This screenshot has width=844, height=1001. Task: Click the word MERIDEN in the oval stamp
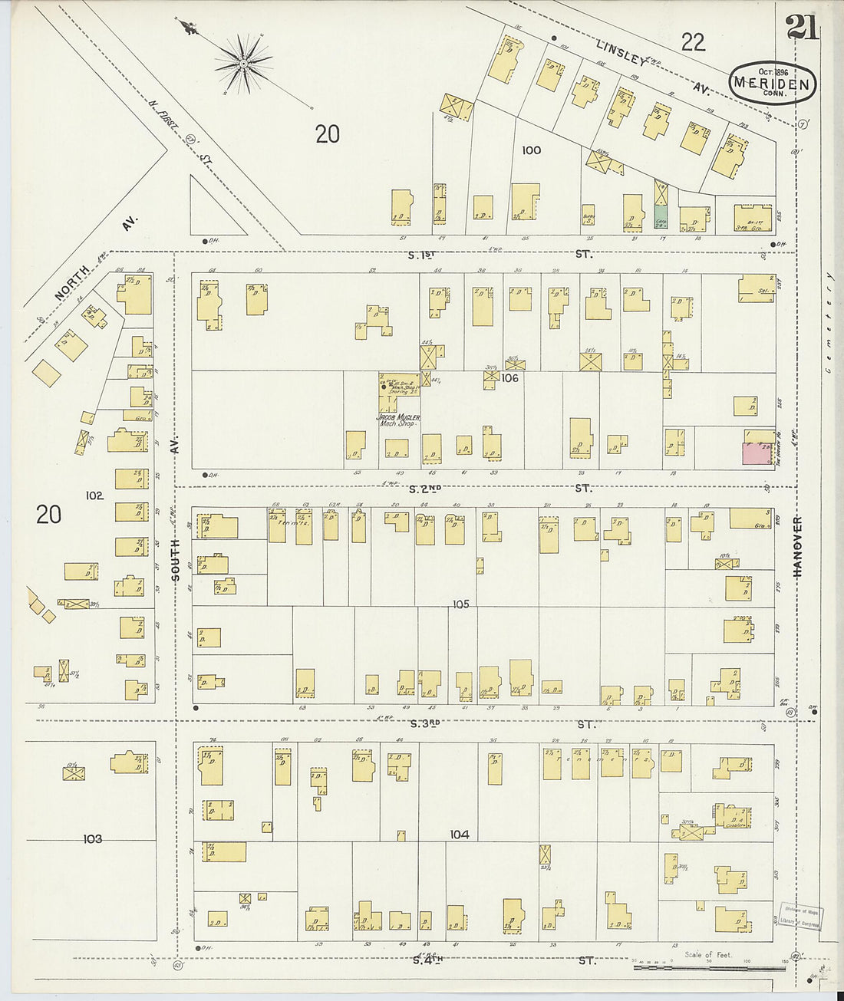point(771,83)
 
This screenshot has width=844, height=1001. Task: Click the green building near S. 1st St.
point(661,216)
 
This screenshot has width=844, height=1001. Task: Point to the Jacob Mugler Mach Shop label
point(398,420)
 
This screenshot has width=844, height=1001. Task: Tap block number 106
point(510,378)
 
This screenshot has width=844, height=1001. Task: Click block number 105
point(460,604)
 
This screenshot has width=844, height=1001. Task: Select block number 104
point(459,835)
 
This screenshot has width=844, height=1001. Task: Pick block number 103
point(92,839)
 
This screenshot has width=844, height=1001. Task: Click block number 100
point(531,150)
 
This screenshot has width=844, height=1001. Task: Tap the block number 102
point(94,496)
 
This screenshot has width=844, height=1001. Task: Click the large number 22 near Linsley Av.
point(693,42)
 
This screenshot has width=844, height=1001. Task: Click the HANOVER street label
point(797,547)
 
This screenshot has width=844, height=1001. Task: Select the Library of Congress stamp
point(799,917)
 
